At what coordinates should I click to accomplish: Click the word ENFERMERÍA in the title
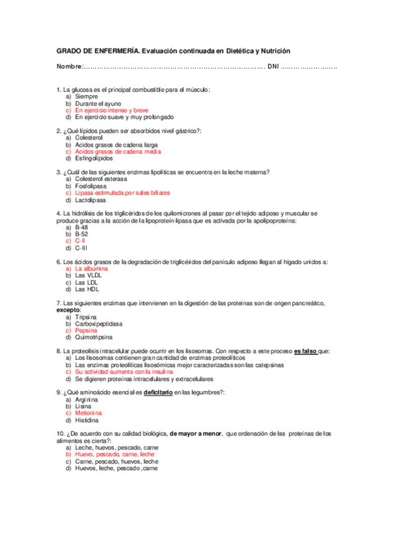114,51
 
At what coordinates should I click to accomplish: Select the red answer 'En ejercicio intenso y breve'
112,110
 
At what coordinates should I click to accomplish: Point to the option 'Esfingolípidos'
95,158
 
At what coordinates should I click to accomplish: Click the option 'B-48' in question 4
81,227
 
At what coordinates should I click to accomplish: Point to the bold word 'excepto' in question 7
67,310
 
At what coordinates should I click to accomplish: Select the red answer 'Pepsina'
87,330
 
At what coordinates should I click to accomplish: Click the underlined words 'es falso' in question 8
305,351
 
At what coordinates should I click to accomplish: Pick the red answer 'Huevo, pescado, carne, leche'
114,454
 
